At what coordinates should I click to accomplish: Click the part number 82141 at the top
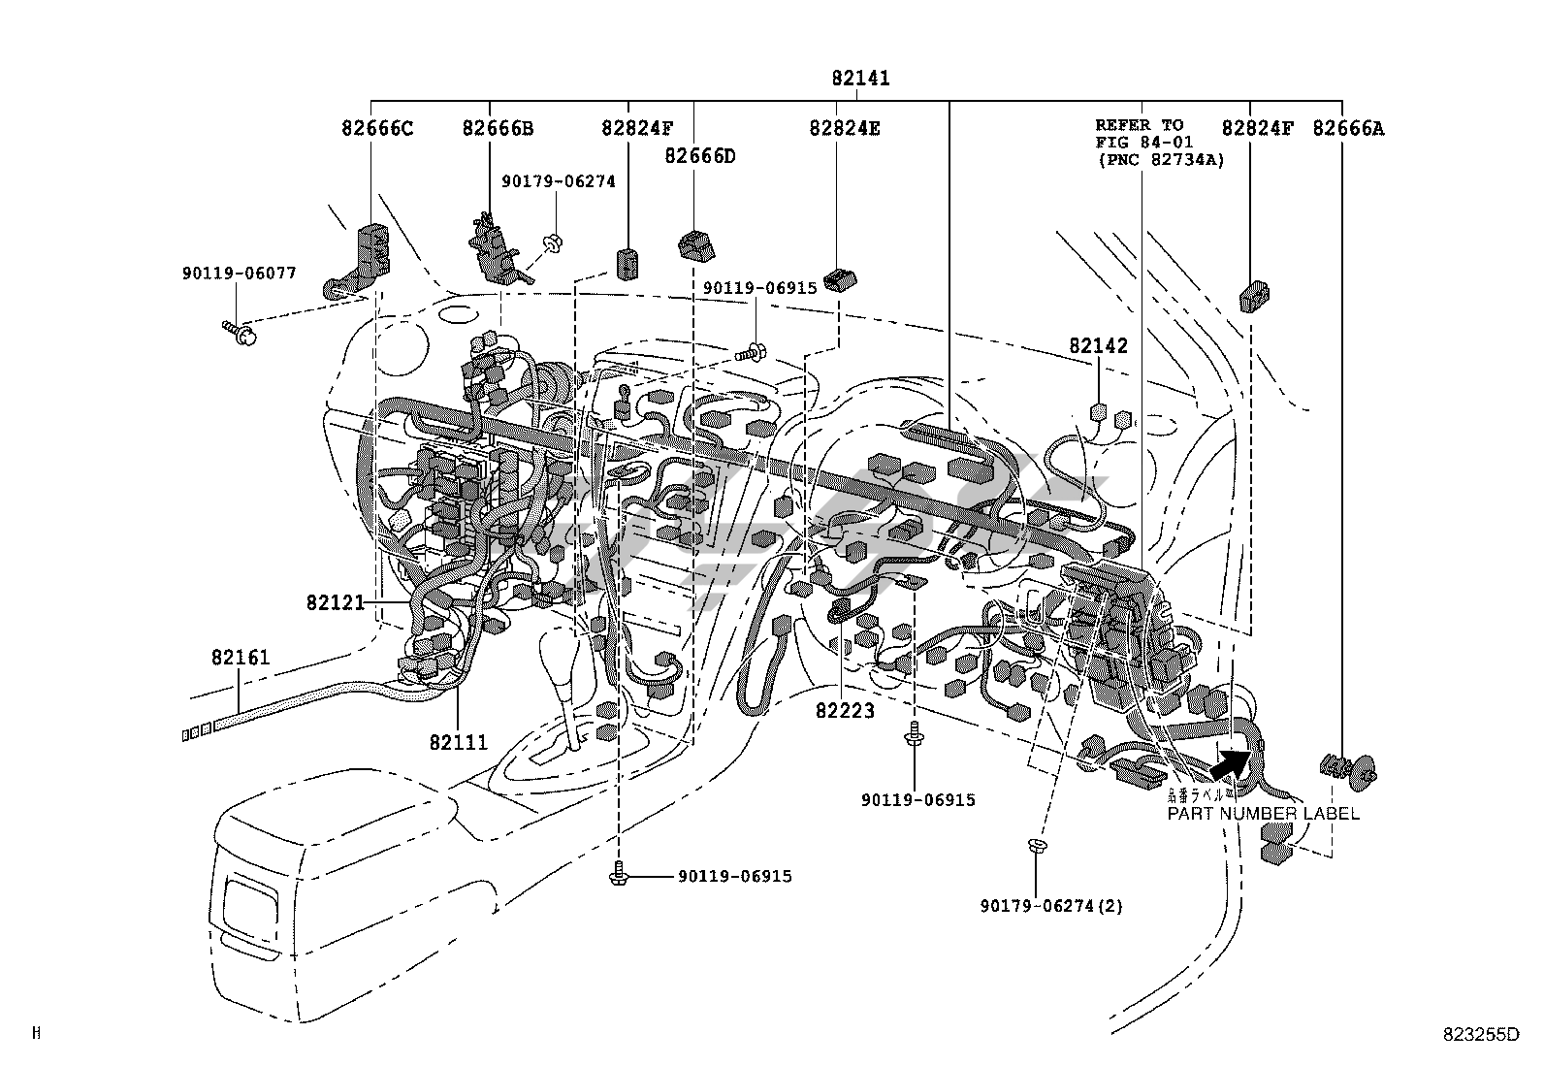[x=859, y=79]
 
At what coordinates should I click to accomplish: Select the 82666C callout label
[x=377, y=128]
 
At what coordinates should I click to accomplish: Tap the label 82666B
[x=498, y=128]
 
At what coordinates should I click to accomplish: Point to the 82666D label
[x=700, y=155]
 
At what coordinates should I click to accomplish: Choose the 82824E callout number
[x=845, y=128]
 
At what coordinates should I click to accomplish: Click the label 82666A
[x=1348, y=128]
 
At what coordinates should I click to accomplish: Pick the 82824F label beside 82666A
[x=1257, y=128]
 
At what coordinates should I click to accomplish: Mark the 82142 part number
[x=1099, y=346]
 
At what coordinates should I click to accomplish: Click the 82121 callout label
[x=336, y=602]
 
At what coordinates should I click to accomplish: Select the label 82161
[x=241, y=658]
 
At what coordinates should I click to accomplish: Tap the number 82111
[x=459, y=743]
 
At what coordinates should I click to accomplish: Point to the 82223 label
[x=845, y=711]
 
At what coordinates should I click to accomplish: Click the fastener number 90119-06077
[x=239, y=274]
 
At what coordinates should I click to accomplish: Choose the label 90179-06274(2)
[x=1050, y=906]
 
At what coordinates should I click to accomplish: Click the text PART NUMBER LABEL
[x=1263, y=814]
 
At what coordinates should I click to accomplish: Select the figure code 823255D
[x=1480, y=1034]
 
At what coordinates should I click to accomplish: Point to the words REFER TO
[x=1140, y=125]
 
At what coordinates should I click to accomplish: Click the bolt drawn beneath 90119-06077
[x=238, y=333]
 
